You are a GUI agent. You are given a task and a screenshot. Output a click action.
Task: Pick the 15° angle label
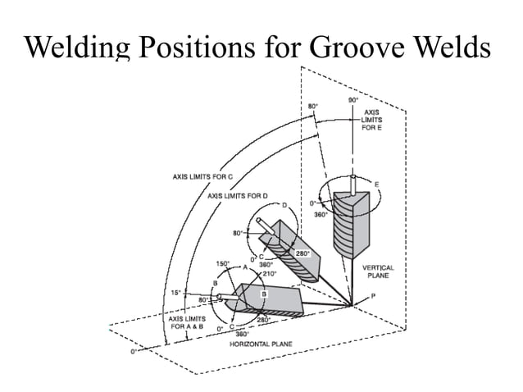tap(175, 292)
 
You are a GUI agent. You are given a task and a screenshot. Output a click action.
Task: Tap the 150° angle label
tap(222, 263)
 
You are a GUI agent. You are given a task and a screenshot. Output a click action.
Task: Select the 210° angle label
tap(271, 273)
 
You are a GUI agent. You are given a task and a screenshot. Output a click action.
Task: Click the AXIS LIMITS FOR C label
tap(203, 176)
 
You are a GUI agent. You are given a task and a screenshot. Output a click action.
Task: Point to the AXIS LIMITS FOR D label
tap(238, 196)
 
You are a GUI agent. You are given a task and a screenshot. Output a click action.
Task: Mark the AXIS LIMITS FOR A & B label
tap(189, 321)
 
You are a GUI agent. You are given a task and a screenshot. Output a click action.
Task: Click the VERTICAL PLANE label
tap(378, 271)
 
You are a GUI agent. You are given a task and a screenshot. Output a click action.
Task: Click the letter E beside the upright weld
tap(377, 185)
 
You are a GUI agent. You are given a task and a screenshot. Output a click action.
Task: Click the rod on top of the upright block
tap(352, 183)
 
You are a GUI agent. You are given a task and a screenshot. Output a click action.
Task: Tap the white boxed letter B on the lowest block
tap(265, 293)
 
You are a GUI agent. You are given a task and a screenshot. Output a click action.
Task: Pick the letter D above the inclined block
tap(284, 205)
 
